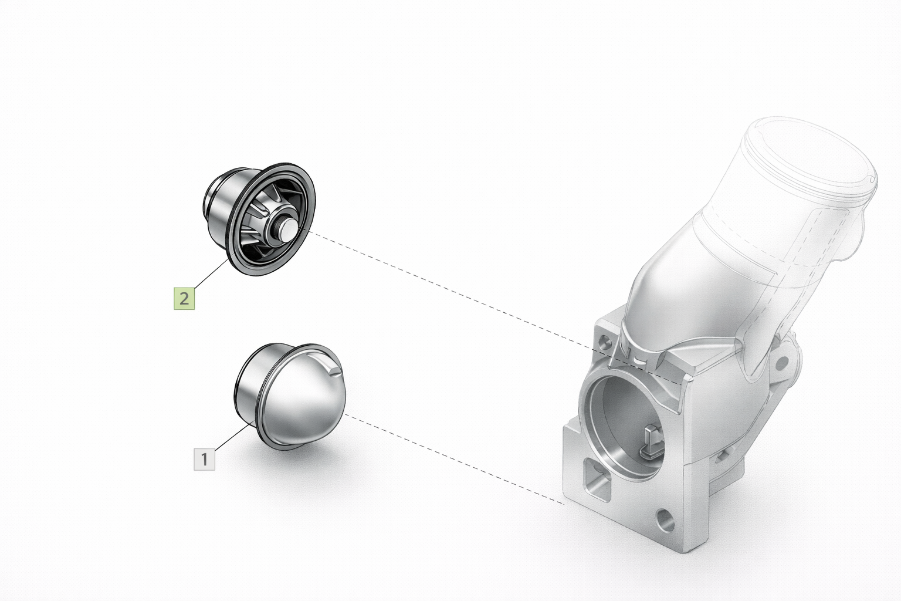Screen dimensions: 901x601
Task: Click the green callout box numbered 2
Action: tap(184, 299)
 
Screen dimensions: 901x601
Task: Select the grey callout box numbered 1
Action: tap(204, 459)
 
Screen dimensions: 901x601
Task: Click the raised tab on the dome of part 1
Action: tap(330, 366)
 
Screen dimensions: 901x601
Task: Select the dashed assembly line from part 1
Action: tap(454, 460)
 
